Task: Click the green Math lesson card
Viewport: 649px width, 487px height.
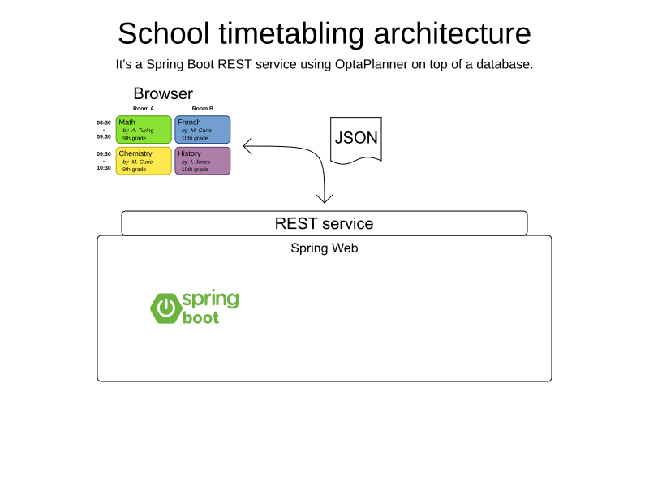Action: tap(144, 130)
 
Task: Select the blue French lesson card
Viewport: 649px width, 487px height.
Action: tap(202, 130)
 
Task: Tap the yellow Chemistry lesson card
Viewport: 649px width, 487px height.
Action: tap(144, 161)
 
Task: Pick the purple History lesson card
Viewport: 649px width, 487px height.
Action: tap(202, 161)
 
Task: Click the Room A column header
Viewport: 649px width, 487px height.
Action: tap(144, 109)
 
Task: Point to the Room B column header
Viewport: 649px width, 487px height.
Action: tap(202, 109)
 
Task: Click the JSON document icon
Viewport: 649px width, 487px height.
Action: tap(356, 140)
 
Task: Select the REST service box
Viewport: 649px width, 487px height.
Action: tap(324, 223)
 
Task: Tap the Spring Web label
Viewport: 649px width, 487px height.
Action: tap(324, 248)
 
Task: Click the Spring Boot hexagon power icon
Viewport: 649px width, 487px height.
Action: tap(166, 308)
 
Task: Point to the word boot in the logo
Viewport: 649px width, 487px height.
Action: tap(200, 317)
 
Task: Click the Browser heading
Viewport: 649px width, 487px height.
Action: tap(163, 93)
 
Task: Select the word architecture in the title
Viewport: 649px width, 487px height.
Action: tap(453, 33)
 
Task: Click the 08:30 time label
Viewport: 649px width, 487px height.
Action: tap(104, 123)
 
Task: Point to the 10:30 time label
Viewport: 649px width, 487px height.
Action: tap(104, 168)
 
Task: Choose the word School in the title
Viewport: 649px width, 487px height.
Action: tap(164, 33)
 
